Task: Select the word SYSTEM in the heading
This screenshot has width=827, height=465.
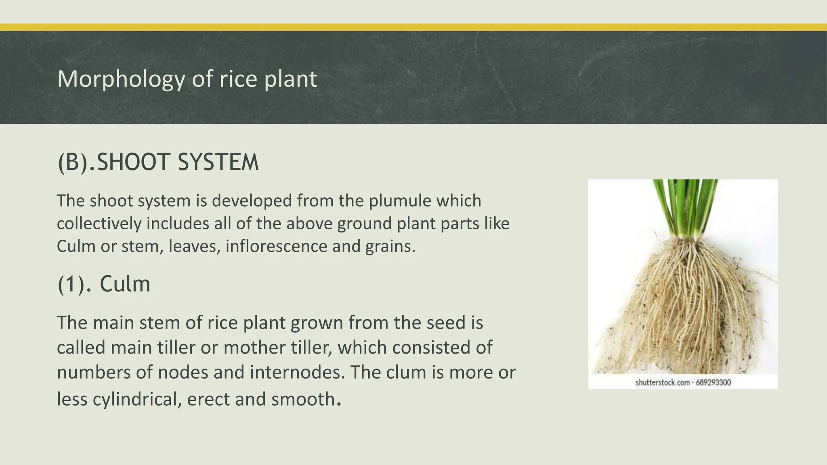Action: [x=218, y=162]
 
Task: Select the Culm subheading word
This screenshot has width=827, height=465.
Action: [x=125, y=284]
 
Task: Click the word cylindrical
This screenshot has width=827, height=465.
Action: [x=137, y=400]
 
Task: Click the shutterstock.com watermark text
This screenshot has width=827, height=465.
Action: [x=662, y=383]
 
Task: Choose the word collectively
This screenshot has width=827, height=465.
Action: [x=99, y=224]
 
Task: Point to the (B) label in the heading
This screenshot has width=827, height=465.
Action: [x=72, y=162]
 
